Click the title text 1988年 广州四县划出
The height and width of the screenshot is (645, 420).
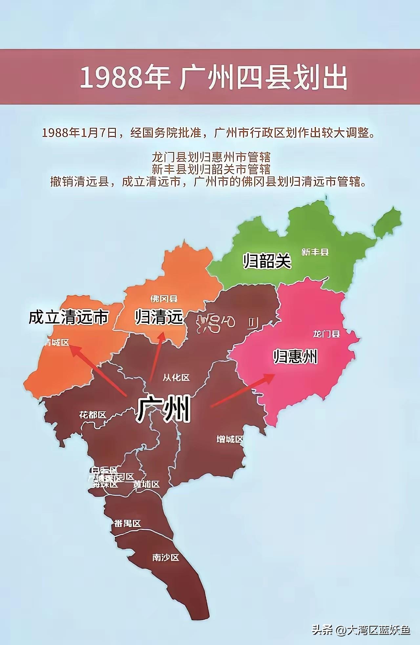(213, 78)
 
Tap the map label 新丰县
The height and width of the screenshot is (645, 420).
(315, 252)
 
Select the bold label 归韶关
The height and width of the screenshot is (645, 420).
(267, 261)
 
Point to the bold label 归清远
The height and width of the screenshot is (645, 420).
(159, 317)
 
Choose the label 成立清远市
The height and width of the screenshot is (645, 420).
(69, 317)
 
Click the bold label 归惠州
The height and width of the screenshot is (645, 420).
(296, 356)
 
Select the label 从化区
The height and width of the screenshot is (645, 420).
(176, 378)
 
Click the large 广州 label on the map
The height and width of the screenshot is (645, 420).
(163, 409)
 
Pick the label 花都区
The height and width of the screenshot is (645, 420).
(93, 415)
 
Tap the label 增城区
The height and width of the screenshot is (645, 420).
(230, 439)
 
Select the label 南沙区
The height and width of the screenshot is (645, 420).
(166, 557)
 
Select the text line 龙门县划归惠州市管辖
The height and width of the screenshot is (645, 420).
(211, 157)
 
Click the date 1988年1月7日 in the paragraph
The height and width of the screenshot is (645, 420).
(80, 133)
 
